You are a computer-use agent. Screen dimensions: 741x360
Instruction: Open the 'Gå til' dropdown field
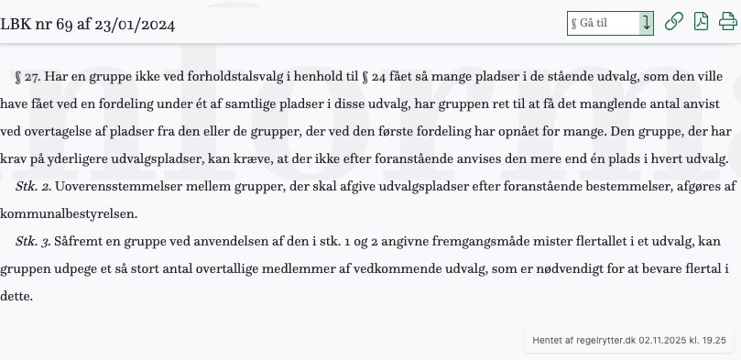coord(609,23)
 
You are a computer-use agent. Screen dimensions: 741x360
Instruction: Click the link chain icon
coord(673,22)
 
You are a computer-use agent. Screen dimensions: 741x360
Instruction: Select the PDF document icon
coord(701,22)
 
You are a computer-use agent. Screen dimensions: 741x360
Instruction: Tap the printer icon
coord(727,22)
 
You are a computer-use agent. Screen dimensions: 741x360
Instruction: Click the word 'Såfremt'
coord(79,242)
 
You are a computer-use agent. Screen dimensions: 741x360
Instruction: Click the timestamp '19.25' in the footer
coord(713,340)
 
